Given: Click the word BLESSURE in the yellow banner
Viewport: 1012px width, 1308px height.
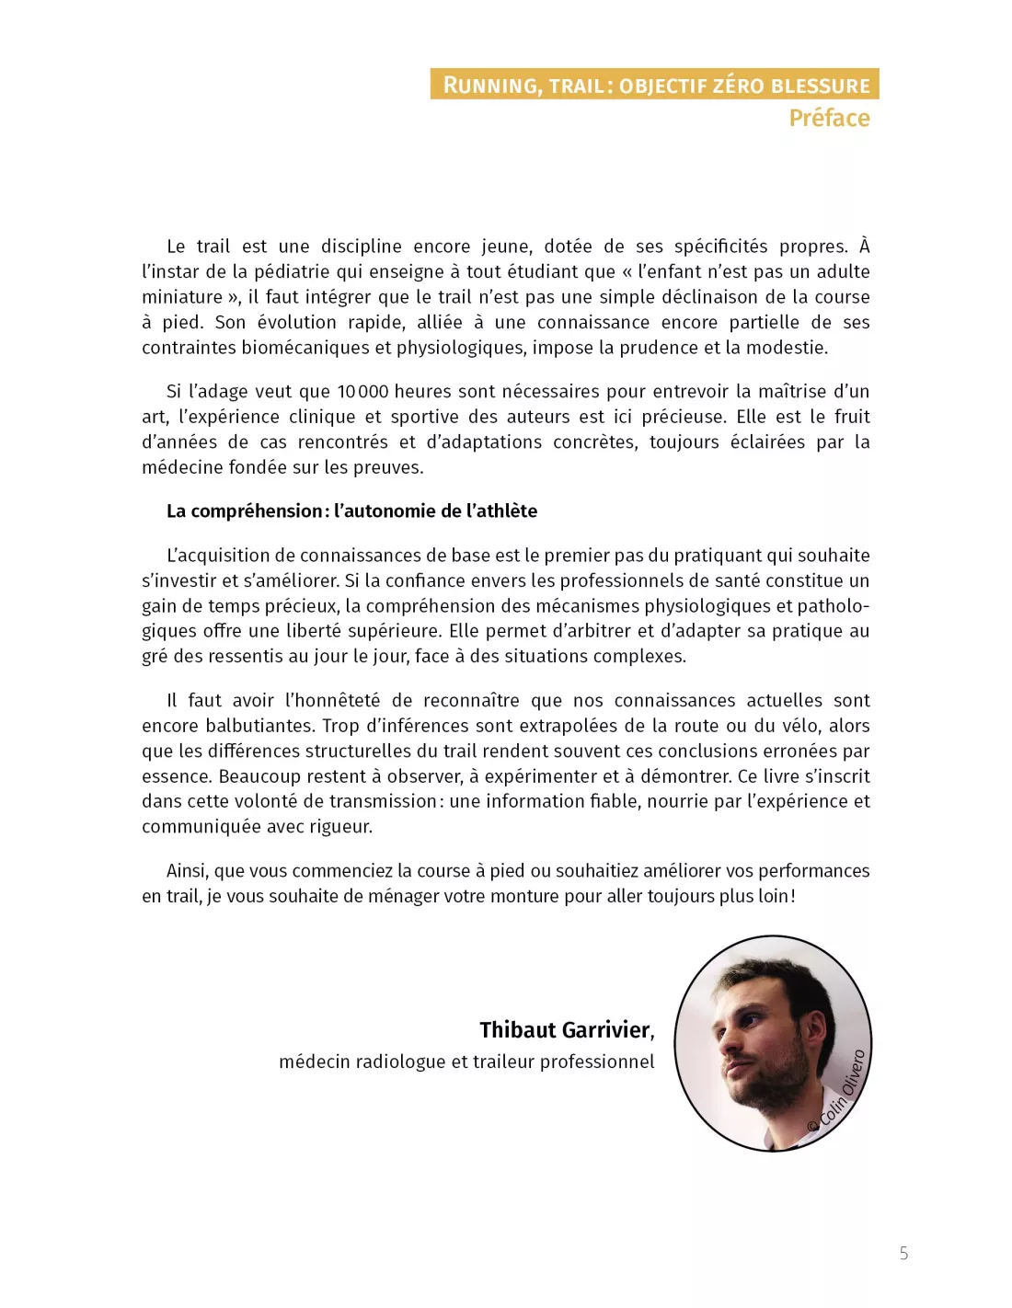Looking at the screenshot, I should click(x=820, y=86).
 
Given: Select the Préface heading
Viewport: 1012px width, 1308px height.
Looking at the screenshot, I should click(x=829, y=118).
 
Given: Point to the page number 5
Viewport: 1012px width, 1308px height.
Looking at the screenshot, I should click(x=903, y=1253).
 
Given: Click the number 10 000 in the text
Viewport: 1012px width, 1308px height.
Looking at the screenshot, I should click(x=362, y=392).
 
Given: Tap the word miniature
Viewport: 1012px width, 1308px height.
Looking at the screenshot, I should click(x=182, y=297).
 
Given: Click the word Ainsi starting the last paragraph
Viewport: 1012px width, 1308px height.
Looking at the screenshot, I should click(x=187, y=871).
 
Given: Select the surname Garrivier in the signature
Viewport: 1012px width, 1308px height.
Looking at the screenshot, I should click(x=607, y=1029).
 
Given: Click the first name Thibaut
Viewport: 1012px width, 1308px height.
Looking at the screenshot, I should click(x=516, y=1029).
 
